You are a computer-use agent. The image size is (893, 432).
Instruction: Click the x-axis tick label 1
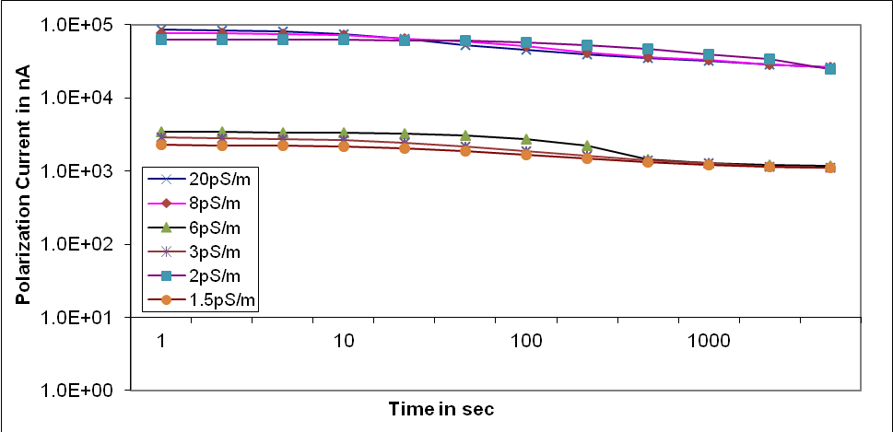tap(161, 340)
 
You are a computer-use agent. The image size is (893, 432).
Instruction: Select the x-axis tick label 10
tap(344, 340)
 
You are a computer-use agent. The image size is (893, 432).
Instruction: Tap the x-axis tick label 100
tap(526, 340)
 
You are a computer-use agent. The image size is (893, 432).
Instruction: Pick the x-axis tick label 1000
tap(709, 340)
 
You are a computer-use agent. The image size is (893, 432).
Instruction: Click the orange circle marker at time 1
tap(161, 145)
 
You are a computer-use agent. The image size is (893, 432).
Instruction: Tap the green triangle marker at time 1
tap(161, 132)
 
